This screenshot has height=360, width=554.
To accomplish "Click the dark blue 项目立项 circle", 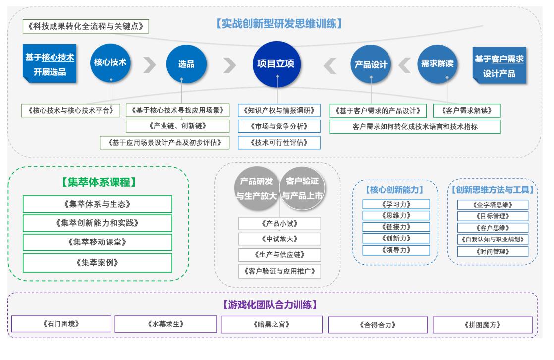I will pyautogui.click(x=277, y=64).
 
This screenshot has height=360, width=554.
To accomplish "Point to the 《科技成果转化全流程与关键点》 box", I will pyautogui.click(x=86, y=26).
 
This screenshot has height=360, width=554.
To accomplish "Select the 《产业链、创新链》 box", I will pyautogui.click(x=178, y=126).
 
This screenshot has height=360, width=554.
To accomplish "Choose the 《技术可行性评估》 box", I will pyautogui.click(x=279, y=142).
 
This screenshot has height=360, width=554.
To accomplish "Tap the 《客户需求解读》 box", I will pyautogui.click(x=466, y=110).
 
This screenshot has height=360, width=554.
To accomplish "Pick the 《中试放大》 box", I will pyautogui.click(x=279, y=239).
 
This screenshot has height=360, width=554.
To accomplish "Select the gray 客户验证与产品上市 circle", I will pyautogui.click(x=302, y=188).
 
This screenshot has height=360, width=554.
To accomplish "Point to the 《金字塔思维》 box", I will pyautogui.click(x=492, y=204).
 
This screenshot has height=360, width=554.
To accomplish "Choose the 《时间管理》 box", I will pyautogui.click(x=492, y=252).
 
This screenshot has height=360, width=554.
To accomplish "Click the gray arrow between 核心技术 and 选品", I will pyautogui.click(x=148, y=64).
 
